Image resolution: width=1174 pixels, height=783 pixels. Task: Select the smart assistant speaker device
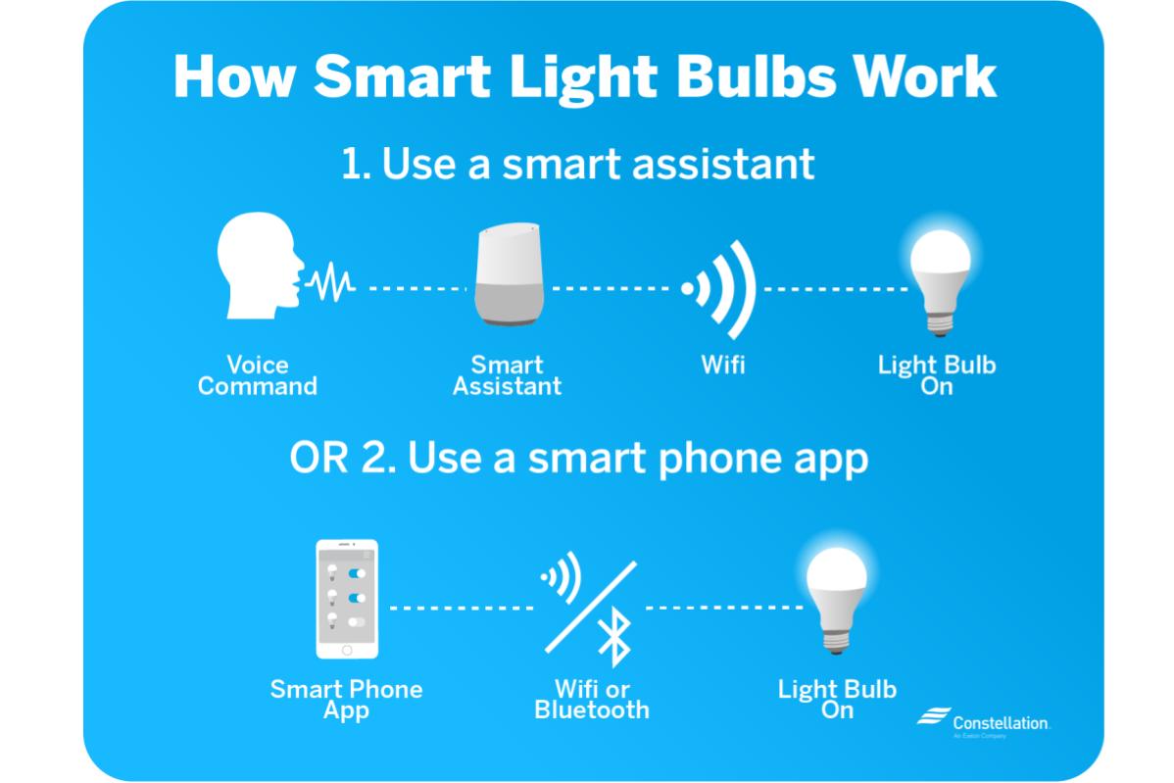click(x=508, y=275)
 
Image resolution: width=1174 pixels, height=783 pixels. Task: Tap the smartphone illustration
click(x=347, y=599)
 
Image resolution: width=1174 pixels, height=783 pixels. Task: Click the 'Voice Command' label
click(x=257, y=375)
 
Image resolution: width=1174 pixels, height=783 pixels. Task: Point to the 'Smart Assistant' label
click(x=507, y=375)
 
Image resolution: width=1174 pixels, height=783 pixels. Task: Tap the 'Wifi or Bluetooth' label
click(x=592, y=699)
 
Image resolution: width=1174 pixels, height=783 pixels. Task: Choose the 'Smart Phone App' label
click(x=346, y=699)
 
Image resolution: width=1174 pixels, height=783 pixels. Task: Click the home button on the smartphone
click(x=346, y=650)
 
